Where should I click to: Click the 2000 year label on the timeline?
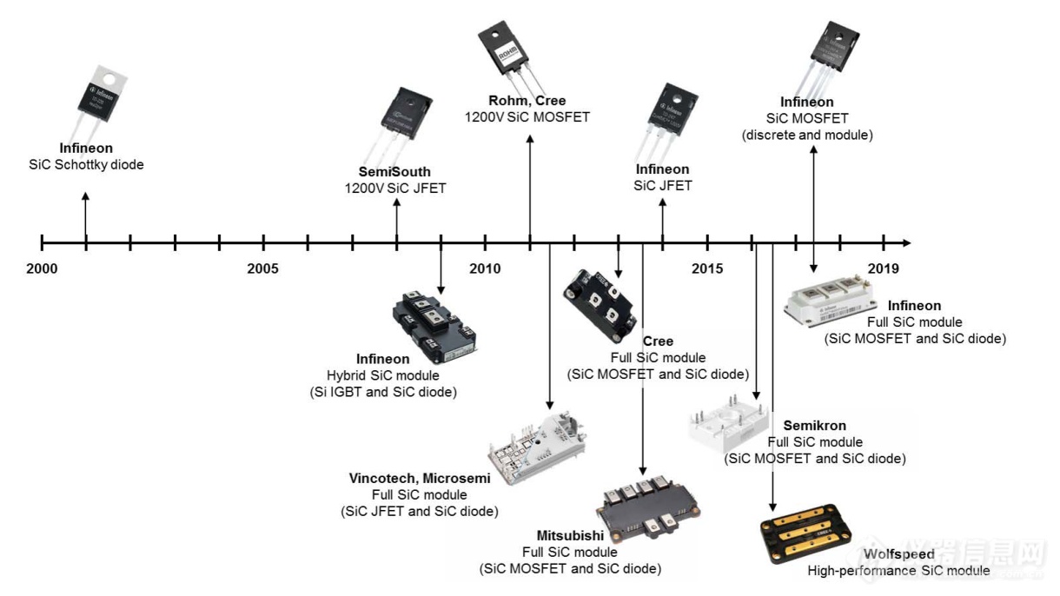pyautogui.click(x=42, y=268)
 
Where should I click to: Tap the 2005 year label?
pyautogui.click(x=262, y=268)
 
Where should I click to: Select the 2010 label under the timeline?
pyautogui.click(x=485, y=268)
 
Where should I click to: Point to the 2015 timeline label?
pyautogui.click(x=707, y=268)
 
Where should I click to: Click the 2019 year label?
pyautogui.click(x=884, y=268)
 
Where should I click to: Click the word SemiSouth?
pyautogui.click(x=394, y=172)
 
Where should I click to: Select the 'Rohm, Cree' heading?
pyautogui.click(x=527, y=102)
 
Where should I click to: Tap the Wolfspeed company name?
pyautogui.click(x=898, y=554)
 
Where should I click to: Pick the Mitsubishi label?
pyautogui.click(x=569, y=536)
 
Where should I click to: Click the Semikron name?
pyautogui.click(x=814, y=426)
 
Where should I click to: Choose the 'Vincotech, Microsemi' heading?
pyautogui.click(x=420, y=479)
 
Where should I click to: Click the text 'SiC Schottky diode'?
pyautogui.click(x=86, y=164)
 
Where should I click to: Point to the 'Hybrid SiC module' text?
pyautogui.click(x=382, y=375)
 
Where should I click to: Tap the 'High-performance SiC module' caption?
pyautogui.click(x=898, y=571)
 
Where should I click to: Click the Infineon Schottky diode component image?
pyautogui.click(x=103, y=96)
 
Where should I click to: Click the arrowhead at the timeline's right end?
pyautogui.click(x=906, y=242)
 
